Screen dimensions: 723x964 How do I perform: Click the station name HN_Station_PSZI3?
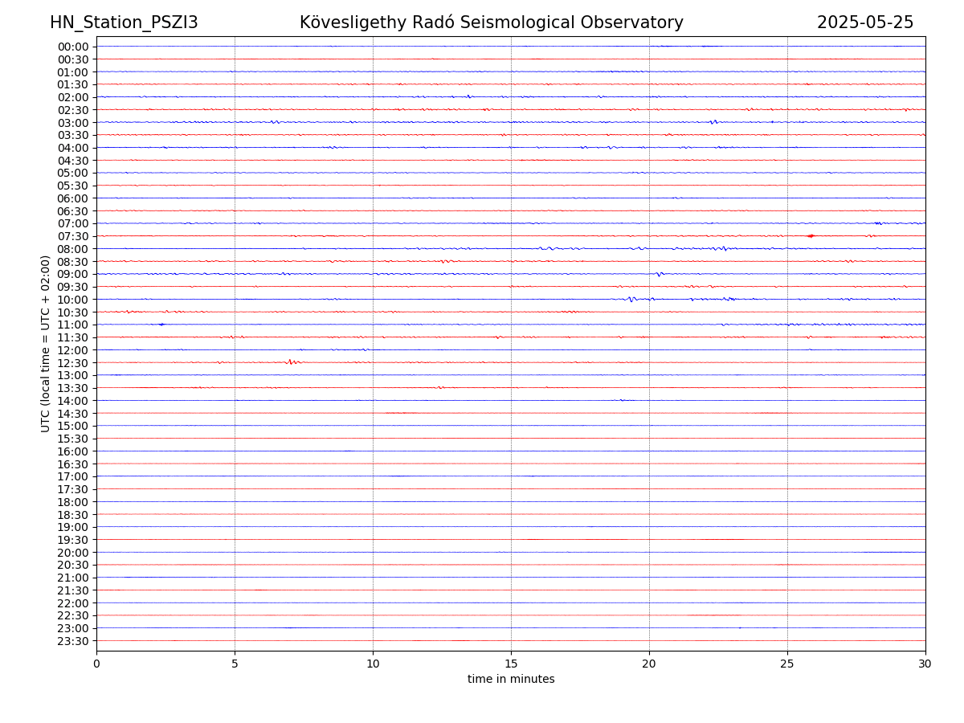click(124, 22)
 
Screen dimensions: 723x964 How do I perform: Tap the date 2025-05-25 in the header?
click(865, 22)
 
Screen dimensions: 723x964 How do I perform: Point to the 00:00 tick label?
click(73, 47)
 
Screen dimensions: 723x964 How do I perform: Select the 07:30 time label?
click(73, 236)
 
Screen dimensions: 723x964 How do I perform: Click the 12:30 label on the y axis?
click(73, 363)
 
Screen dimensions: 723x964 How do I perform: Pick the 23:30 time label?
click(73, 641)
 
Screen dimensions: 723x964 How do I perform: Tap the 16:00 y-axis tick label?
click(73, 451)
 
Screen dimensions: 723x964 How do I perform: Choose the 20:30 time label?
click(73, 566)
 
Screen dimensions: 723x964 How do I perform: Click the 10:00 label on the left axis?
click(73, 300)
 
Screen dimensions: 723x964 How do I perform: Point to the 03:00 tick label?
click(73, 123)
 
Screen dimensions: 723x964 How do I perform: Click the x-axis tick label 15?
click(511, 664)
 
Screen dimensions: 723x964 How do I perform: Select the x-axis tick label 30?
click(925, 664)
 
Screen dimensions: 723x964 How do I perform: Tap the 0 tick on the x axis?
click(96, 664)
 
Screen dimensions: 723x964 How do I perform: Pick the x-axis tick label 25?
click(787, 664)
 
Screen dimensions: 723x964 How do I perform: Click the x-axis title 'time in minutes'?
click(511, 680)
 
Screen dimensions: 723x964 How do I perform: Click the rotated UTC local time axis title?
click(46, 343)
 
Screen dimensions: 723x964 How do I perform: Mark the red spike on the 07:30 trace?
click(811, 236)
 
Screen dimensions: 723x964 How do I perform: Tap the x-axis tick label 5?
click(235, 664)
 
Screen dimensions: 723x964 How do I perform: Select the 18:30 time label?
click(73, 515)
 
